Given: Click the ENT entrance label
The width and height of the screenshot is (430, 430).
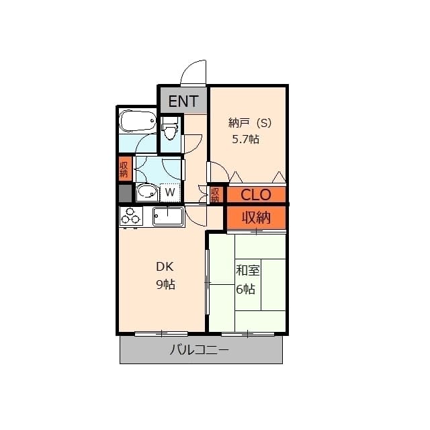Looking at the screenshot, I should click(x=183, y=101).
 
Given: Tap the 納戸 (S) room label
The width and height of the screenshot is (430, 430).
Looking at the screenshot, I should click(x=249, y=123).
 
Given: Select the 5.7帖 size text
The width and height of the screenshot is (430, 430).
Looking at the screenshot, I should click(x=245, y=140).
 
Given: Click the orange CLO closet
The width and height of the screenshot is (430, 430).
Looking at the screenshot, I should click(x=256, y=195).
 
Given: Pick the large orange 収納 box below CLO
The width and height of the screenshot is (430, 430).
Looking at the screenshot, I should click(x=256, y=218).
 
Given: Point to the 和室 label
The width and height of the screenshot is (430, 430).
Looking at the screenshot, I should click(x=247, y=271).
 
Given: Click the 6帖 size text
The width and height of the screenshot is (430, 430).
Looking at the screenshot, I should click(x=245, y=289).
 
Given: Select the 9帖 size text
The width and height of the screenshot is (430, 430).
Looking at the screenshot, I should click(x=165, y=284).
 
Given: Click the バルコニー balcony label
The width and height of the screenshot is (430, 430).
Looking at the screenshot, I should click(x=199, y=350).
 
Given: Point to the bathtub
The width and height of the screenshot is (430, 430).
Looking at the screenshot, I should click(x=138, y=122).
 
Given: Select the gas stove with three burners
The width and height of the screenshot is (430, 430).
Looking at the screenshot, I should click(x=131, y=216).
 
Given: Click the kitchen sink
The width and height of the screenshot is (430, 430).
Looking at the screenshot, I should click(x=168, y=216).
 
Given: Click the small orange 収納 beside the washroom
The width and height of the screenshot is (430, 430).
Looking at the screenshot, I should click(x=124, y=169).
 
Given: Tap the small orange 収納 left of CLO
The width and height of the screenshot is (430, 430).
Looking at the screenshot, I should click(x=215, y=195).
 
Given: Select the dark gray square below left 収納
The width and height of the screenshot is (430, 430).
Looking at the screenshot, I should click(x=124, y=193).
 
